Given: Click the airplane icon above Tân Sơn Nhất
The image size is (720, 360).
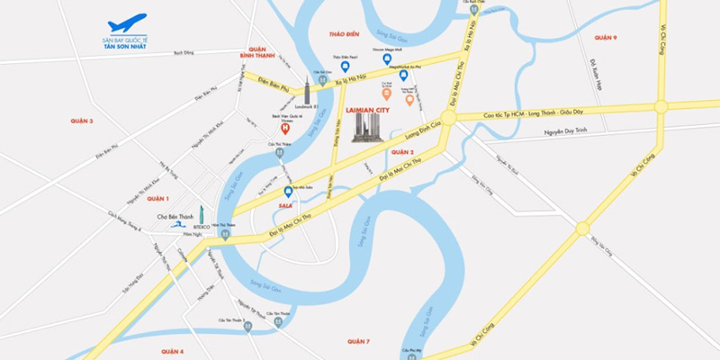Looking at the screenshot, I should click(x=126, y=22).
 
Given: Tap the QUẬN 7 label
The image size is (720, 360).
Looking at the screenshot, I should click(x=358, y=341).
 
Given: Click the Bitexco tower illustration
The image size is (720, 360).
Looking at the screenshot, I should click(x=204, y=217).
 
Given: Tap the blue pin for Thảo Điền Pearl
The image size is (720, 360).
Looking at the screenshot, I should click(x=345, y=66).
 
